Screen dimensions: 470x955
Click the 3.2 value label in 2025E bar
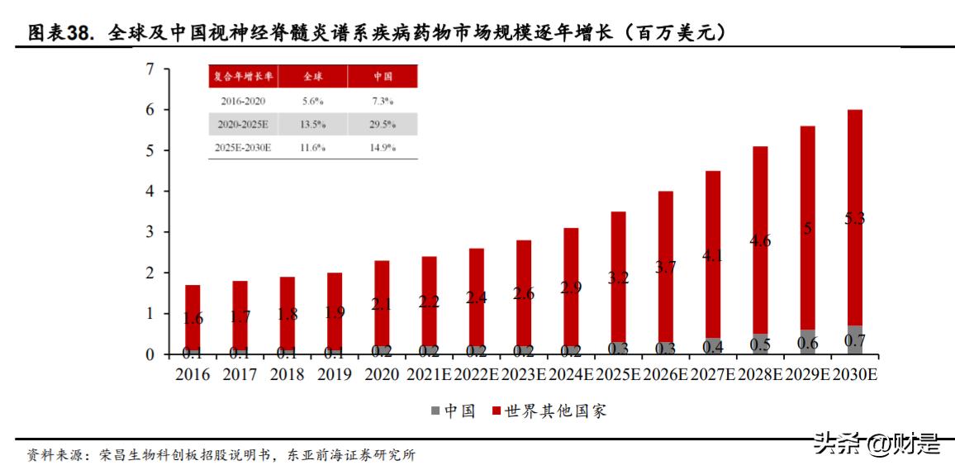(618, 278)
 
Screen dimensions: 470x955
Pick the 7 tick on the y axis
(150, 69)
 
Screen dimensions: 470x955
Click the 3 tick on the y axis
(150, 232)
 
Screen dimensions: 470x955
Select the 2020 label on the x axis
(381, 375)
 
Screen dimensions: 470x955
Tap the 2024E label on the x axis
(570, 375)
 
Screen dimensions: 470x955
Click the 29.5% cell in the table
(382, 125)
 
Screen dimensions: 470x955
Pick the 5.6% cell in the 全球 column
(313, 101)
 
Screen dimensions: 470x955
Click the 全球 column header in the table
(313, 76)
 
